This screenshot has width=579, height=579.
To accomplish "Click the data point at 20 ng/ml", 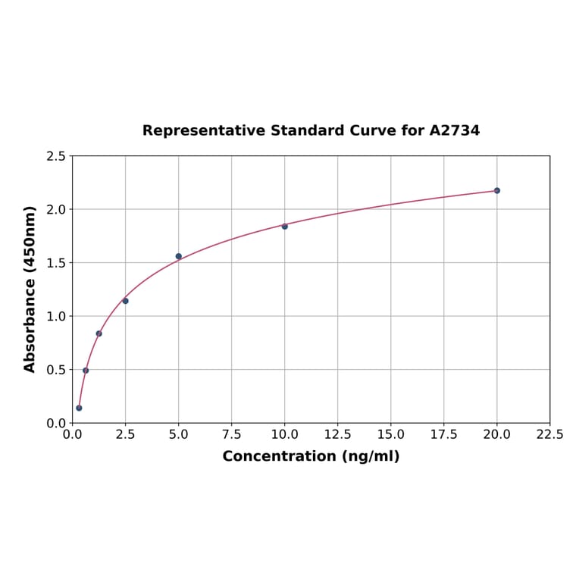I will click(497, 190).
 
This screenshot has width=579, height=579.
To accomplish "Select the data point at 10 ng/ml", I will click(285, 226).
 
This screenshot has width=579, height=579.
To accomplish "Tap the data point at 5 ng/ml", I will click(179, 256).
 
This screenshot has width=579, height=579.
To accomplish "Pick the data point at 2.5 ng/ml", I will click(125, 301).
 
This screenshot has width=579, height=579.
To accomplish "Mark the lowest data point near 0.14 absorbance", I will click(79, 408).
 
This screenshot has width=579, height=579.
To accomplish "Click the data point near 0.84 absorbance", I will click(99, 333).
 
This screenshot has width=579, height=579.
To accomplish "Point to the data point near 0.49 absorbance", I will click(86, 371).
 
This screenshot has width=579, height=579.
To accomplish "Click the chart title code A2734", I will click(454, 130).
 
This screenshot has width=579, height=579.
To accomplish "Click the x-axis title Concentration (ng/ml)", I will click(311, 456).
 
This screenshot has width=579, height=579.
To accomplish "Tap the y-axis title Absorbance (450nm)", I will click(30, 289).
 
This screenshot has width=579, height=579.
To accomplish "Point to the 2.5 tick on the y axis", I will click(56, 156).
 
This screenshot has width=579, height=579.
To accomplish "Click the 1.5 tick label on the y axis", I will click(56, 263).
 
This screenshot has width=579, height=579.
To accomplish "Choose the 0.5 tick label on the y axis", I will click(56, 370).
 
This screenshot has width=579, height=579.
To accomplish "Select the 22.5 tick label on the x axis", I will click(549, 434).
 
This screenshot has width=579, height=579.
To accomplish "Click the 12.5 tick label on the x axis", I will click(337, 434).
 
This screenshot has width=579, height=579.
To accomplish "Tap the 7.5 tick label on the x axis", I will click(231, 434).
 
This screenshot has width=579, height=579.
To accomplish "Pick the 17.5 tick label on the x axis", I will click(443, 434).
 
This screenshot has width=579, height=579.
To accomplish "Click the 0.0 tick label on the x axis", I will click(72, 434).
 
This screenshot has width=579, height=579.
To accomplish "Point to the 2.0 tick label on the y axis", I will click(56, 209).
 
